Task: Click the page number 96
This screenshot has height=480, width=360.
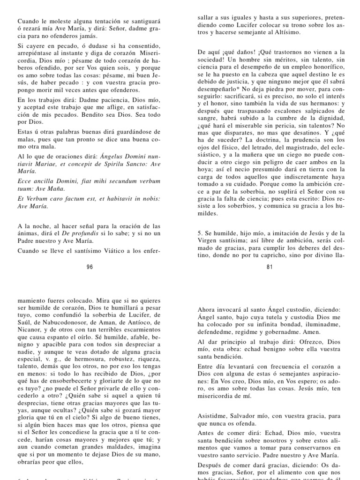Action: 90,267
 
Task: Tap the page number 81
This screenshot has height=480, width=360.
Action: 270,267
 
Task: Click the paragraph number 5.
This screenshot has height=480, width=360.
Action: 200,232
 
